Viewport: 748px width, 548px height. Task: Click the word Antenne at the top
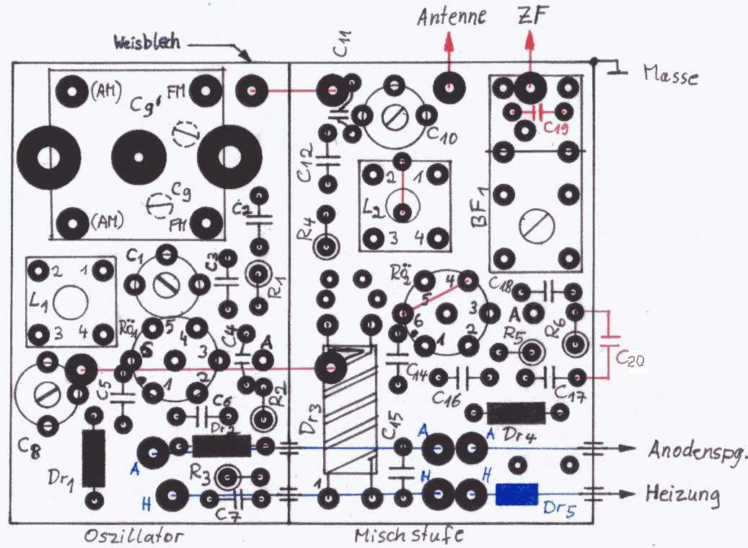(x=452, y=16)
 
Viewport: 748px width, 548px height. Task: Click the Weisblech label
(x=149, y=44)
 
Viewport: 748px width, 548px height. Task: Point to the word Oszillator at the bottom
(x=135, y=536)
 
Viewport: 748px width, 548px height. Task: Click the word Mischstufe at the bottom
(x=408, y=535)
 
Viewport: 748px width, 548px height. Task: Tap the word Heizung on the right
(x=683, y=495)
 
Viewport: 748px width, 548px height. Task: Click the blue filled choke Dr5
(x=517, y=495)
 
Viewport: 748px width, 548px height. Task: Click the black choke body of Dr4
(x=516, y=413)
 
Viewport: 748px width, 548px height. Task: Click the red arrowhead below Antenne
(x=449, y=42)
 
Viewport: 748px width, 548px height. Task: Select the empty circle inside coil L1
(x=71, y=300)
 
